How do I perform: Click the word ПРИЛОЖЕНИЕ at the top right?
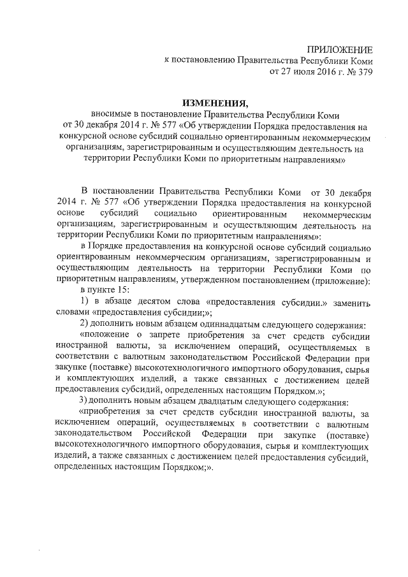[x=340, y=50]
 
